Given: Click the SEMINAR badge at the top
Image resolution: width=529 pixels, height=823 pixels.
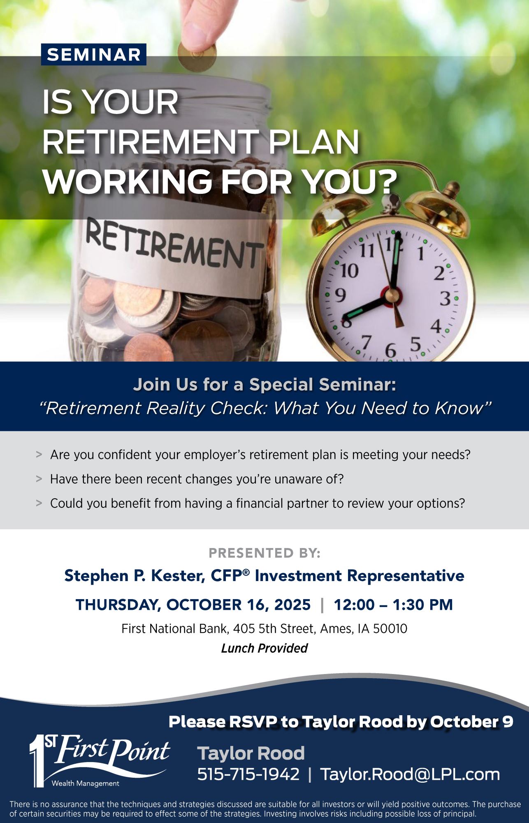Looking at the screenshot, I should pos(93,55).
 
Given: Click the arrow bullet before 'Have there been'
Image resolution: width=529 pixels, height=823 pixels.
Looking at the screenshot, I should pos(39,479).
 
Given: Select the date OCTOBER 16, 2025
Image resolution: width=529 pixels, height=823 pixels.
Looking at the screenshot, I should pos(239,604).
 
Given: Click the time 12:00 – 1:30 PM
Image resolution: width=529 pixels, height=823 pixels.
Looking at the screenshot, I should pos(393,604).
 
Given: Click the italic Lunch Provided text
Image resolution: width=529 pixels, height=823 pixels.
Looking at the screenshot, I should pos(264,648).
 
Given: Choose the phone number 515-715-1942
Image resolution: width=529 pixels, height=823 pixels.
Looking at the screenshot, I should pos(248,774).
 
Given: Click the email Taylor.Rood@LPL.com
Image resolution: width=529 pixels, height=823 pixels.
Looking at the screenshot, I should pos(410,774).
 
